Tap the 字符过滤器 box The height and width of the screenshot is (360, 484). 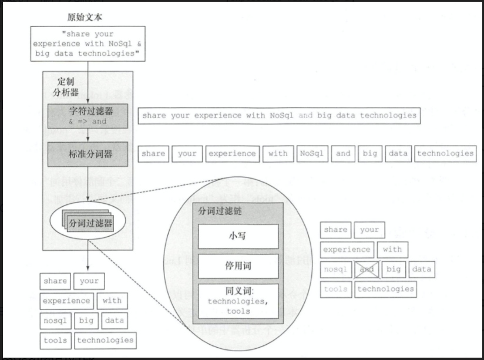[x=88, y=115]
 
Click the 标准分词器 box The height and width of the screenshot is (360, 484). [x=88, y=154]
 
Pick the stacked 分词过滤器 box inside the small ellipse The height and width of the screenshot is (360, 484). [x=90, y=223]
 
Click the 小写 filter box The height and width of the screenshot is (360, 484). [x=238, y=236]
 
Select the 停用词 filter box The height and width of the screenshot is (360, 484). [x=238, y=266]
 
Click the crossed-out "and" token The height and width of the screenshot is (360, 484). [x=367, y=270]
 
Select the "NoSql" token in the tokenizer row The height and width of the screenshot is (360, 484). [x=311, y=154]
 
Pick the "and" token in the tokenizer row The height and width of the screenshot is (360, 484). [x=343, y=154]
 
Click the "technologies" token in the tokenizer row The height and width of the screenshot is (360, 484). [x=445, y=154]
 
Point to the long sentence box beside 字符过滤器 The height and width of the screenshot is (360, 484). [x=279, y=116]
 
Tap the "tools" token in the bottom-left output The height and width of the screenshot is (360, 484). [x=55, y=339]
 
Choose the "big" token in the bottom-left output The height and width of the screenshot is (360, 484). [x=86, y=321]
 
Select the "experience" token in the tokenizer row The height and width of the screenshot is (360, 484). [x=232, y=154]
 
